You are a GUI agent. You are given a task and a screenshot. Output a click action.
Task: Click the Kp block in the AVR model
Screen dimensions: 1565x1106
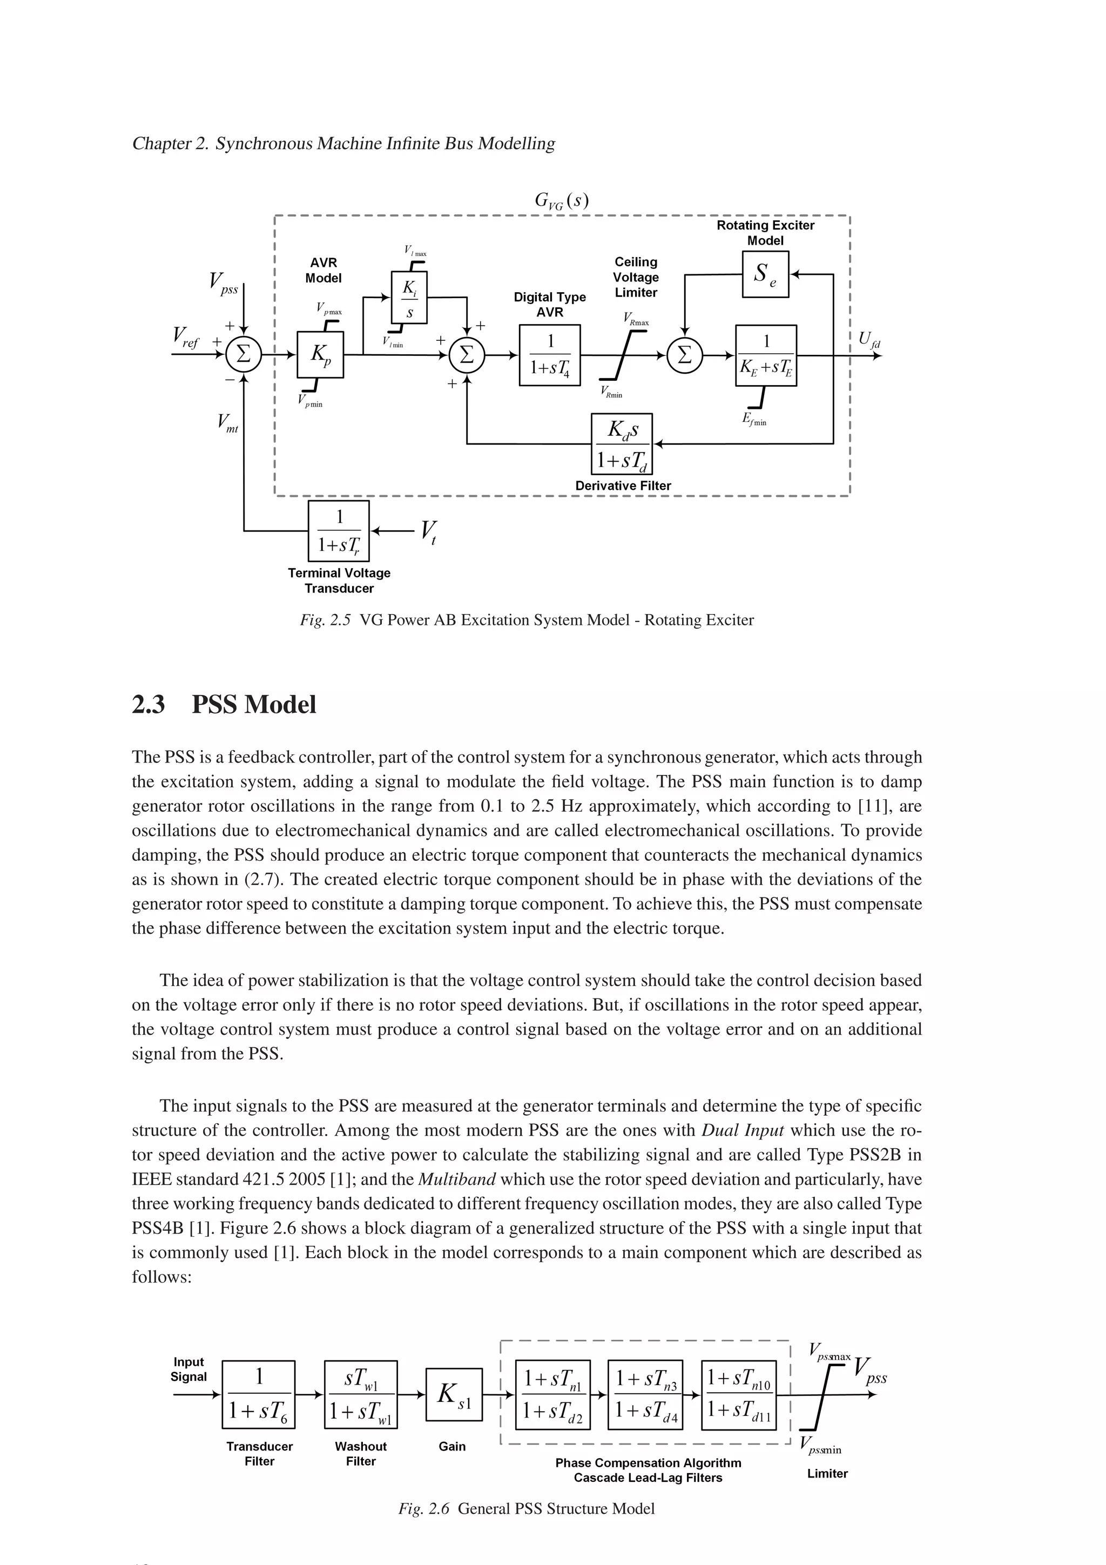320,354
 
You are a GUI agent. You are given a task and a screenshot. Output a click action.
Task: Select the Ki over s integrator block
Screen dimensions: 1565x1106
409,298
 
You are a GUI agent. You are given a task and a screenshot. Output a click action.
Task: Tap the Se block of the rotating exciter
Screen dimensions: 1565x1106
765,275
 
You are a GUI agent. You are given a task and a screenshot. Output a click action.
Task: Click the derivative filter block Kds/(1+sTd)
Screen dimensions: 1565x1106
622,444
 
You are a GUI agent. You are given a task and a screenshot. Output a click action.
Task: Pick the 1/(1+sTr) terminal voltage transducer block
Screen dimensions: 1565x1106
339,531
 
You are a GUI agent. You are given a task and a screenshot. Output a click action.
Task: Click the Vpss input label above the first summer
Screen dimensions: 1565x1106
224,283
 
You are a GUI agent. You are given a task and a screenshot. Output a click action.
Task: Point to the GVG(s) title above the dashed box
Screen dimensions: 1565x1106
562,201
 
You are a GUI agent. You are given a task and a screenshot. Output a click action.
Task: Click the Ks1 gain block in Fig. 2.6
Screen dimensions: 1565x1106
453,1394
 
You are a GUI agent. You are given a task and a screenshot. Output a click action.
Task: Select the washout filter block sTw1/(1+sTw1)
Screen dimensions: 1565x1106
361,1394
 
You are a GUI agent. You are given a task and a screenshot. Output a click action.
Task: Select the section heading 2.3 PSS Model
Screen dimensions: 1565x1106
224,704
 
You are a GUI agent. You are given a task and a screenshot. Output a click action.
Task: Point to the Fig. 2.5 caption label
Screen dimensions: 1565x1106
325,620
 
